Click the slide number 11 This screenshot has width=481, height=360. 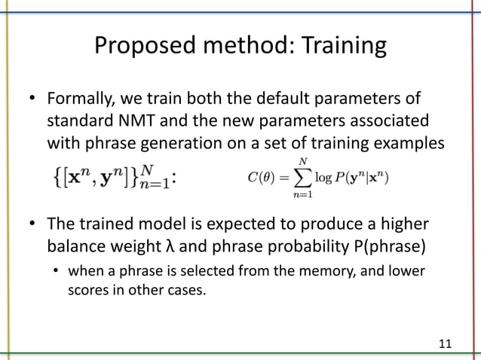tap(445, 344)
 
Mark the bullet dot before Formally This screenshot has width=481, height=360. tap(33, 101)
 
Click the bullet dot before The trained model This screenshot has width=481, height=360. tap(33, 226)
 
